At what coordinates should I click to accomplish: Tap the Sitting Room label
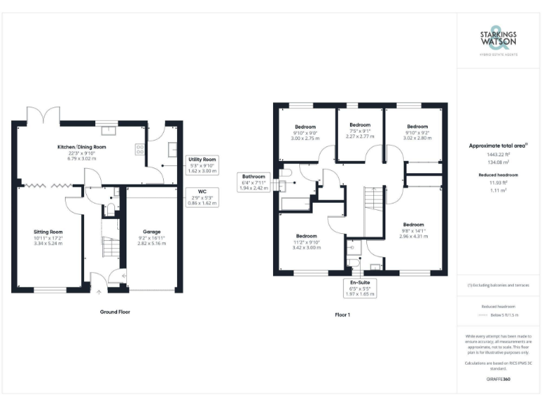point(48,237)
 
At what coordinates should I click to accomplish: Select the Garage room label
point(151,237)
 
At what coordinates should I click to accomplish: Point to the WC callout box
point(201,196)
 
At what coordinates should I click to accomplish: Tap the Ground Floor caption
point(114,312)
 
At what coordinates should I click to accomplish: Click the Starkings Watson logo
point(499,41)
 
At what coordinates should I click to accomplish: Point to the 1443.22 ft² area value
point(499,154)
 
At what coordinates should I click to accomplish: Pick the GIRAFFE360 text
point(498,380)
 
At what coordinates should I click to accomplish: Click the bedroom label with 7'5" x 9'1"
point(360,131)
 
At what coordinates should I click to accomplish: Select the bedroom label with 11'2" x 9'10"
point(306,242)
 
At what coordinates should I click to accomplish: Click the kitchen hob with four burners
point(139,150)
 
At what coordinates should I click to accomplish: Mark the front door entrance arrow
point(98,287)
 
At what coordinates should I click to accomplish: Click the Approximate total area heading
point(498,146)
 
